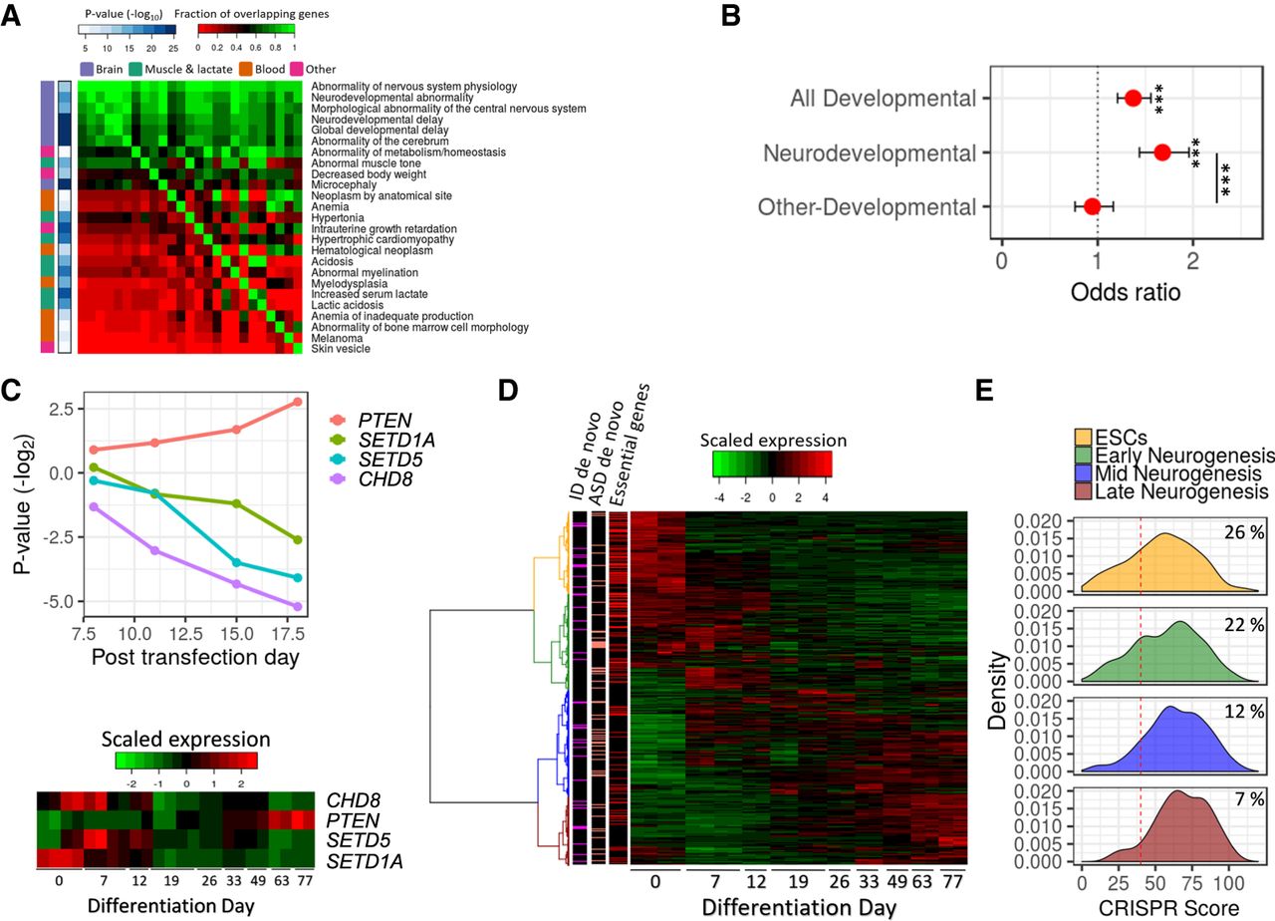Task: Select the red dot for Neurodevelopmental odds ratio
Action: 1162,153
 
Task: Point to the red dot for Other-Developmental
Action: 1092,206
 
